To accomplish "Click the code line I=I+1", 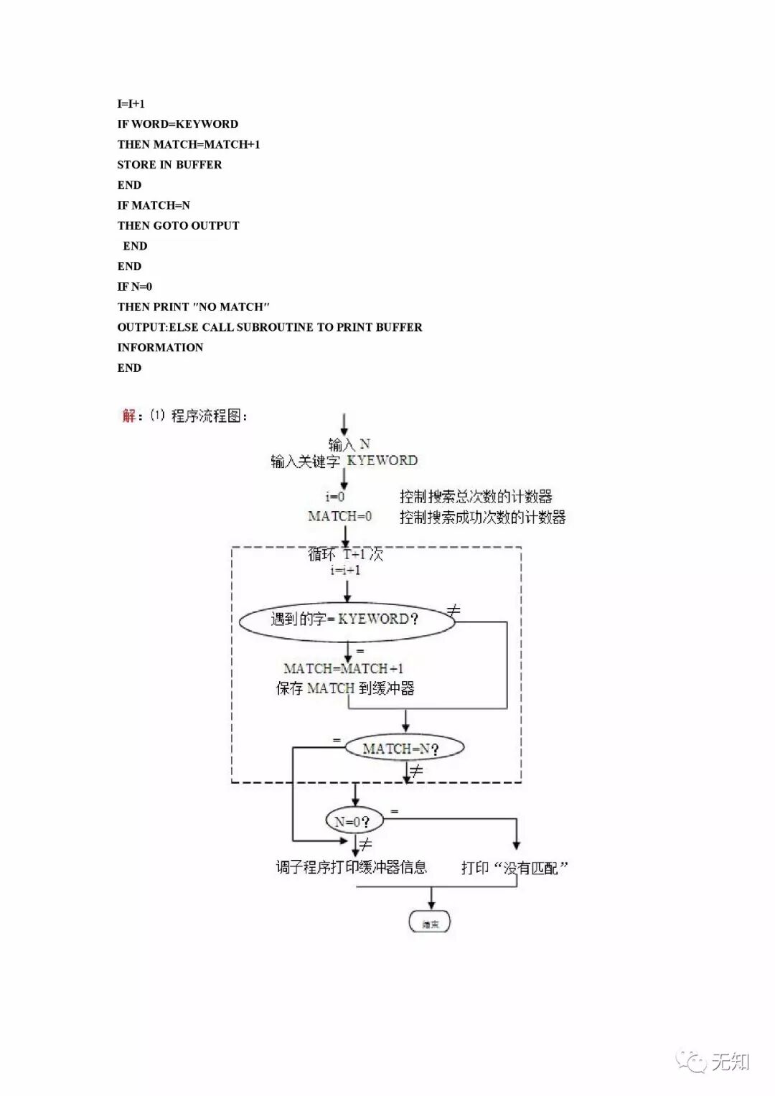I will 131,104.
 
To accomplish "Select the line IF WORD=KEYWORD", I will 178,124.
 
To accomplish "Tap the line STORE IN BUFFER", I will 169,164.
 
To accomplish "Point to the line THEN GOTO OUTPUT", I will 179,225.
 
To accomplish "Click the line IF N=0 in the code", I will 135,286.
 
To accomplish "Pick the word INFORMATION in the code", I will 160,347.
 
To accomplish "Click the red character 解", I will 128,416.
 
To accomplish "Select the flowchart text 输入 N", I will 349,444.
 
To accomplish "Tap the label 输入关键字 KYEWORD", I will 344,461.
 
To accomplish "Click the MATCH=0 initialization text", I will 340,516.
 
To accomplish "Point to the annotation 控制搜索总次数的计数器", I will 476,497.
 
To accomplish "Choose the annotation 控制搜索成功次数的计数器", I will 482,517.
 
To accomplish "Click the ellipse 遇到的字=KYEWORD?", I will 347,619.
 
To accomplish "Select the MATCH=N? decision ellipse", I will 404,749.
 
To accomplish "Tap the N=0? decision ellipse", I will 354,821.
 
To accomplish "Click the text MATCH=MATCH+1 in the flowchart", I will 344,668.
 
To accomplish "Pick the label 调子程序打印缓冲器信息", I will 352,867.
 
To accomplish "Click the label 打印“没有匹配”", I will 515,868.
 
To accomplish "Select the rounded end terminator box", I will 430,923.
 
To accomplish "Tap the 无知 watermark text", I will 731,1062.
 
